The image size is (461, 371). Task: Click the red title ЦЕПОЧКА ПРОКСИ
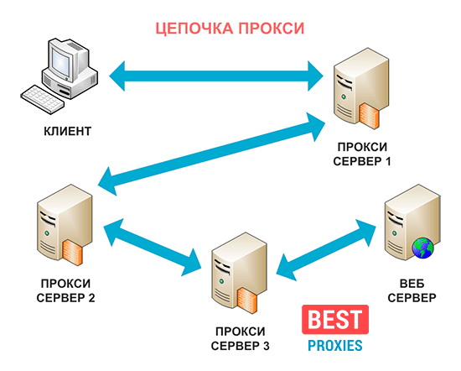pyautogui.click(x=230, y=29)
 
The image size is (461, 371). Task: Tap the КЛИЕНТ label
pyautogui.click(x=67, y=131)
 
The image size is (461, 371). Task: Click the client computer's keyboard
pyautogui.click(x=43, y=99)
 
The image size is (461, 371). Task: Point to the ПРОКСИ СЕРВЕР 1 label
pyautogui.click(x=362, y=154)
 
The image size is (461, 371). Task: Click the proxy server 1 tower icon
pyautogui.click(x=361, y=88)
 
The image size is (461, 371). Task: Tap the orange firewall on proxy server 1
pyautogui.click(x=369, y=116)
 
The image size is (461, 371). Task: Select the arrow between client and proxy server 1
pyautogui.click(x=216, y=76)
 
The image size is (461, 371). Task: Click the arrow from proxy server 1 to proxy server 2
pyautogui.click(x=211, y=154)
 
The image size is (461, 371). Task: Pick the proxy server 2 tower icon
pyautogui.click(x=65, y=225)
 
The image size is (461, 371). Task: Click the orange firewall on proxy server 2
pyautogui.click(x=72, y=253)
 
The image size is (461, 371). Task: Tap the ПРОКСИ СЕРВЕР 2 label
pyautogui.click(x=65, y=290)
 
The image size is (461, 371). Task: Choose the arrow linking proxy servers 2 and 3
pyautogui.click(x=153, y=248)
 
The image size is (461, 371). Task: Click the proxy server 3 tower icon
pyautogui.click(x=240, y=274)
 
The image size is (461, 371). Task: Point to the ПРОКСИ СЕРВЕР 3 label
pyautogui.click(x=241, y=338)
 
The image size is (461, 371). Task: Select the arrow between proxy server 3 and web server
pyautogui.click(x=326, y=249)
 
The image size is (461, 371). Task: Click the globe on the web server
pyautogui.click(x=422, y=248)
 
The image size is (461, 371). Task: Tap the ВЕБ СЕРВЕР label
pyautogui.click(x=412, y=290)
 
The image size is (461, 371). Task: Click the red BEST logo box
pyautogui.click(x=335, y=320)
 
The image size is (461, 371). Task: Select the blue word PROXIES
pyautogui.click(x=335, y=345)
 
